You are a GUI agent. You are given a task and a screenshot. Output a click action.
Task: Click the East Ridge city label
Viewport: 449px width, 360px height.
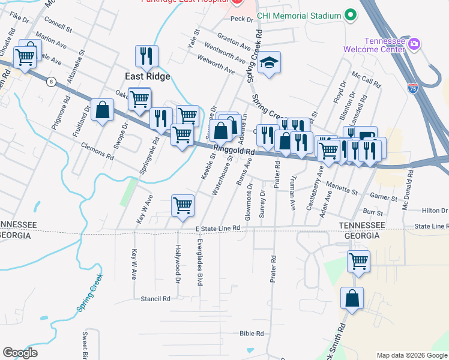[x=147, y=76]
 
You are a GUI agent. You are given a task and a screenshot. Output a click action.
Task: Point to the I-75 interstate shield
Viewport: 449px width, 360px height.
[x=412, y=88]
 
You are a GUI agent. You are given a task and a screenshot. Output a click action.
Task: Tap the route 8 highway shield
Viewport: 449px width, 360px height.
[x=53, y=81]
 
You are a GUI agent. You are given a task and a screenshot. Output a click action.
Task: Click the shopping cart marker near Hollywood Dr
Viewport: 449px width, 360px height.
[x=182, y=206]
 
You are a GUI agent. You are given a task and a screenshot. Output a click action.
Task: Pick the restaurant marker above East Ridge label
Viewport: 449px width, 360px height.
[x=146, y=56]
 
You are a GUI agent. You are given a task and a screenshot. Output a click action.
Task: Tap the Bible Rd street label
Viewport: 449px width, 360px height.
[x=252, y=334]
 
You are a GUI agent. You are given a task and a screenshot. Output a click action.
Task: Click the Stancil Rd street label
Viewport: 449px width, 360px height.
[x=155, y=298]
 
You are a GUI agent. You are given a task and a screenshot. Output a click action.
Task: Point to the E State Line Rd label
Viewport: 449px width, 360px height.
[x=217, y=228]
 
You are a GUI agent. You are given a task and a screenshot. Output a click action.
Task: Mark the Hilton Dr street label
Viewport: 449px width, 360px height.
[x=435, y=211]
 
